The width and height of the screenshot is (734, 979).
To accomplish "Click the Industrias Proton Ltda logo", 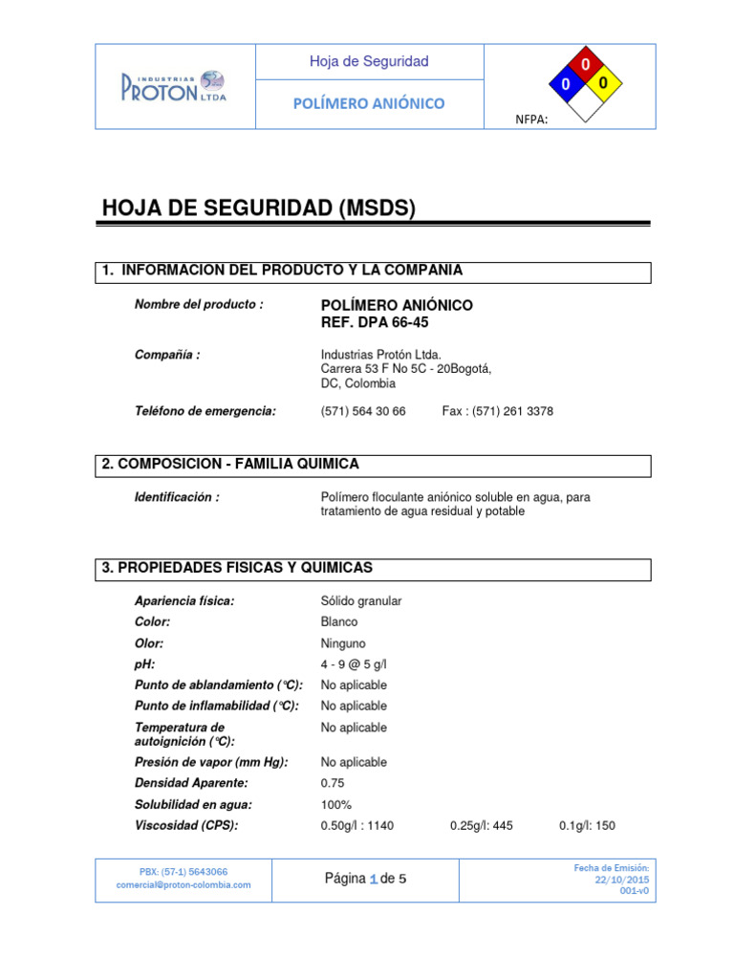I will pyautogui.click(x=173, y=85).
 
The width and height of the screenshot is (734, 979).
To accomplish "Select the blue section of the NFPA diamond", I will pyautogui.click(x=565, y=85).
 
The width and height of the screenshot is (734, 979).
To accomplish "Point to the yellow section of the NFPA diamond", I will pyautogui.click(x=603, y=85).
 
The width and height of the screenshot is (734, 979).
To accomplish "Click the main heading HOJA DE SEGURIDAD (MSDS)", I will pyautogui.click(x=258, y=208).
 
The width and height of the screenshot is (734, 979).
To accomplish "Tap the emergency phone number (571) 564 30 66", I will pyautogui.click(x=363, y=411).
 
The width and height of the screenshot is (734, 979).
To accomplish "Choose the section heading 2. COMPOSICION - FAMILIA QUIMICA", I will pyautogui.click(x=231, y=465).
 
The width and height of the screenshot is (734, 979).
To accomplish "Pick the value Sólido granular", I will pyautogui.click(x=361, y=601).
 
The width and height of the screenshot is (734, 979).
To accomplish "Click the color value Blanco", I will pyautogui.click(x=339, y=622).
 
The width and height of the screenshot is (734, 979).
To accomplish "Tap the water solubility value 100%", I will pyautogui.click(x=336, y=805).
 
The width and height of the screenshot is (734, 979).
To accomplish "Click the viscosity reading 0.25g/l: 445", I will pyautogui.click(x=481, y=826).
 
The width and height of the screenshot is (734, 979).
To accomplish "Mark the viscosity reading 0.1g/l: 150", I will pyautogui.click(x=587, y=826).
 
